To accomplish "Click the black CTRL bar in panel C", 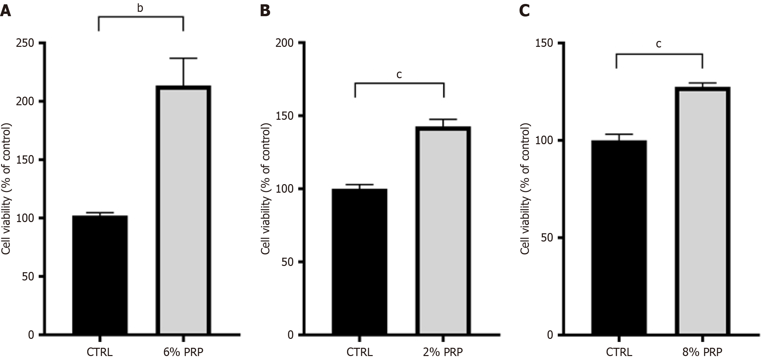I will tap(619, 238).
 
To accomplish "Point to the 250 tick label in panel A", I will tap(25, 43).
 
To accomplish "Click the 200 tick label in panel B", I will tap(285, 43).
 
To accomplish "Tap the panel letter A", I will tap(5, 11).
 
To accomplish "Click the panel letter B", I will tap(265, 11).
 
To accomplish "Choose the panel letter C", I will tap(524, 11).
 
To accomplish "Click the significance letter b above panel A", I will tap(140, 8).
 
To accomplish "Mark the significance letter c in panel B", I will tap(399, 75).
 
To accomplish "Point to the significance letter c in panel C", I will tap(658, 44).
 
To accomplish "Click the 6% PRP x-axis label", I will tap(183, 352).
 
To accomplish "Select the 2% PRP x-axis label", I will tap(443, 352).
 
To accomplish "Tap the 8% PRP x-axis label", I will tap(702, 352).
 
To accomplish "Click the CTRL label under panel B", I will tap(360, 352).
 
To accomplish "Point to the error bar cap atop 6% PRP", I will tap(183, 58).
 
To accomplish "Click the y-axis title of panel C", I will tap(525, 189).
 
